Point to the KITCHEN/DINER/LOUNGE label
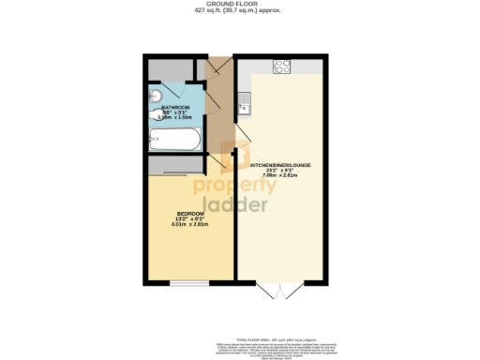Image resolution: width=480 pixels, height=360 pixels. point(280,165)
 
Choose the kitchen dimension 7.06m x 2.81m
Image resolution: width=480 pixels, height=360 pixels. point(280,175)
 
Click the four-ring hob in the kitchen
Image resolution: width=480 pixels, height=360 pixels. point(279,67)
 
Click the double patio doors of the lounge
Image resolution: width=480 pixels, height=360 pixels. point(280,288)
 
